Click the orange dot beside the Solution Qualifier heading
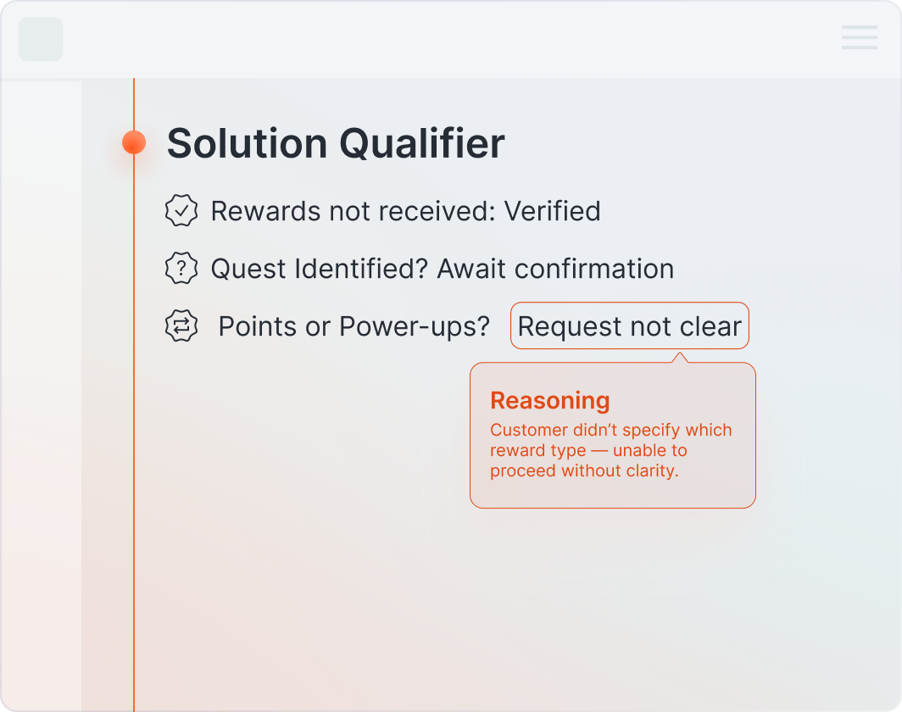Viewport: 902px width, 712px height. point(134,142)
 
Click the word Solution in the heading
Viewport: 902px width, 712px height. point(246,143)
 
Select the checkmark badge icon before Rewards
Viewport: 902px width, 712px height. point(181,211)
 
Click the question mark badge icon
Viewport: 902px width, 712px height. point(181,269)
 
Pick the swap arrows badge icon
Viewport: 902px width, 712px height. point(181,326)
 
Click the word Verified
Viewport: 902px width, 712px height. point(552,211)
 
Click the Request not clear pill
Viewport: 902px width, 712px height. point(629,326)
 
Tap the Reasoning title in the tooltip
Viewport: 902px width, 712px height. point(549,401)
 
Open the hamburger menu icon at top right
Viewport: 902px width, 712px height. point(859,38)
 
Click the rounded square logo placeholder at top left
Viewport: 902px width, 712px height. point(41,39)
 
